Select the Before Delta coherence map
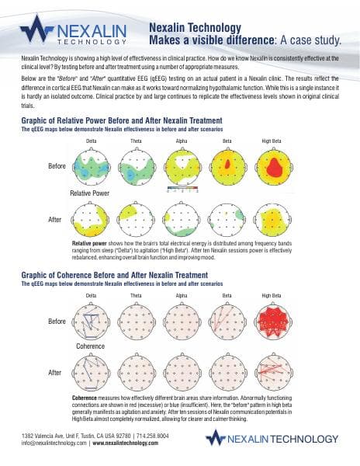coord(91,320)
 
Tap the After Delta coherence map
coord(91,373)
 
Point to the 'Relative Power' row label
coord(89,192)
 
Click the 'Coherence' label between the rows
coord(90,346)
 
